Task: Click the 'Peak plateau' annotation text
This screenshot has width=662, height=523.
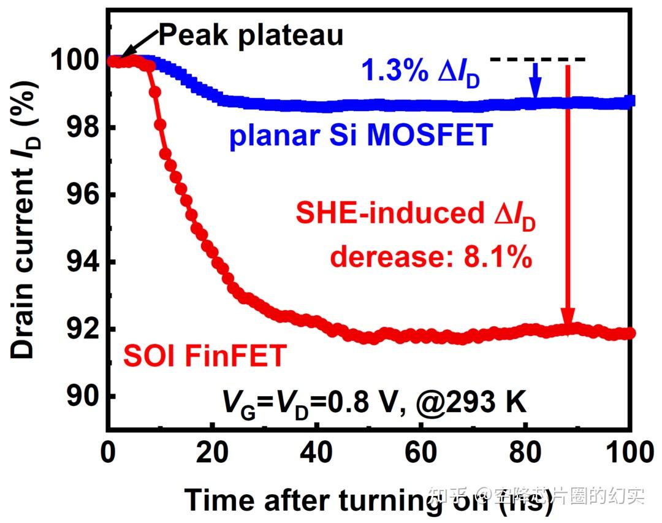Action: pyautogui.click(x=251, y=36)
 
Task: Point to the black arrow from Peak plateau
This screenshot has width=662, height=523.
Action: pyautogui.click(x=138, y=47)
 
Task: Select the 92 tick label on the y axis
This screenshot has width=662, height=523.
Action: pyautogui.click(x=85, y=330)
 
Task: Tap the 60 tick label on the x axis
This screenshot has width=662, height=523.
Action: pyautogui.click(x=422, y=454)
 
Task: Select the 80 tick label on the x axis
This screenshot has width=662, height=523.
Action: pyautogui.click(x=528, y=454)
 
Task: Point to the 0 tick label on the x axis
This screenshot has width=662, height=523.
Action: pyautogui.click(x=108, y=454)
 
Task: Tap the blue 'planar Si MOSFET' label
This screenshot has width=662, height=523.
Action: pyautogui.click(x=360, y=136)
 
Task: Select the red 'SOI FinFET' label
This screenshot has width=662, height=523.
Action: pyautogui.click(x=205, y=356)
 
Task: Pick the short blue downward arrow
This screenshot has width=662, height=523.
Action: pyautogui.click(x=536, y=80)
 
